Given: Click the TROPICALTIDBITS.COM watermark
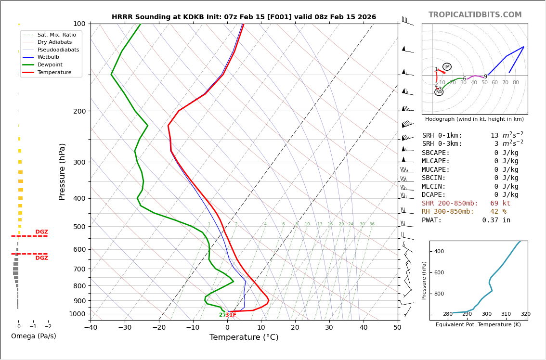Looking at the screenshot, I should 475,15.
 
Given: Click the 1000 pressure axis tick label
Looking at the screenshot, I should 78,314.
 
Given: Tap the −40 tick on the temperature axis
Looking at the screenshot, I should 91,328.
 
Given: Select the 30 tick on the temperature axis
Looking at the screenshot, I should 329,328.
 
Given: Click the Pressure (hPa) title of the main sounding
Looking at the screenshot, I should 62,171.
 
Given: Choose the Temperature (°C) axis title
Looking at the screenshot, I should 244,337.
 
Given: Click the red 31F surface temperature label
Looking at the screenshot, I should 231,315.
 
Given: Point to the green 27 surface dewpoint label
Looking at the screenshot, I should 222,315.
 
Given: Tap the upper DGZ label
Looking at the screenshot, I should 42,232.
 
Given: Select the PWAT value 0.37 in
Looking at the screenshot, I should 496,220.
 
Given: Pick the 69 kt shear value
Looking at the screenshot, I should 500,204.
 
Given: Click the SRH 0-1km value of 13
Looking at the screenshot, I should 494,136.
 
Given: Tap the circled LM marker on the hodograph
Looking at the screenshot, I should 447,67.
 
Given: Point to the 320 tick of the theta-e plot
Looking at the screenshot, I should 525,314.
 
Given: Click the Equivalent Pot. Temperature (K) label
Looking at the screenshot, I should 478,325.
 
